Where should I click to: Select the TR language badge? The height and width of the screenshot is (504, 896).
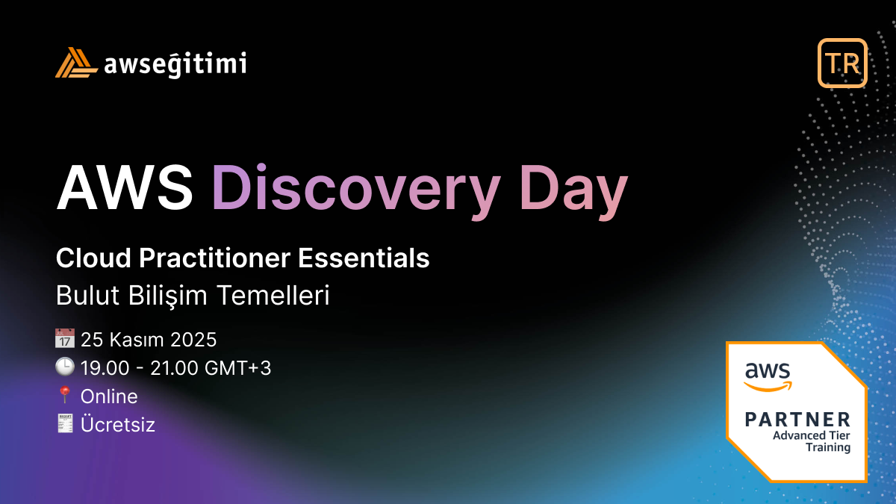click(x=842, y=63)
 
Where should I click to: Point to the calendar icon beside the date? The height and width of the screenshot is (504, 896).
click(x=65, y=340)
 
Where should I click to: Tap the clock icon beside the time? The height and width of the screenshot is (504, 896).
click(x=65, y=367)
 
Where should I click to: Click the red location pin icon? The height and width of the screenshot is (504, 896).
click(x=65, y=396)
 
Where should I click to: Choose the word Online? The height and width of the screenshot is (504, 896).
click(x=109, y=396)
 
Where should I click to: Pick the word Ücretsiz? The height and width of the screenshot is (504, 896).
click(x=117, y=425)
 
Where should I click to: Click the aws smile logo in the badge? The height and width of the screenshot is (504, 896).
click(x=767, y=376)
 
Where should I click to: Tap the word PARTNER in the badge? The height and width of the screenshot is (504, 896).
click(x=797, y=419)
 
